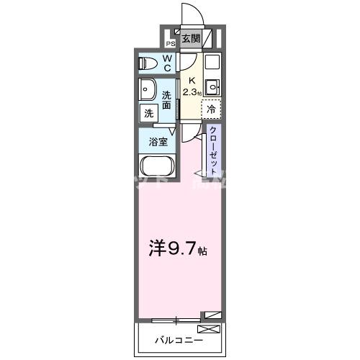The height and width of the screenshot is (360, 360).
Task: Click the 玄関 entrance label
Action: (x=190, y=39)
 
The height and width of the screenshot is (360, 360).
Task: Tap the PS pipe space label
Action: (x=170, y=42)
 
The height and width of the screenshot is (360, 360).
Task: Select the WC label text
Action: (x=166, y=63)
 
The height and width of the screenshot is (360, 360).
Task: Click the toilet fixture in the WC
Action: (x=148, y=63)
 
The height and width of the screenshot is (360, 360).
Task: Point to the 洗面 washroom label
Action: (x=166, y=99)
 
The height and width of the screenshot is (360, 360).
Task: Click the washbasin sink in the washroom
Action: (x=148, y=91)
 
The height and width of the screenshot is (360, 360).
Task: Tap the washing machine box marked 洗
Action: (x=148, y=112)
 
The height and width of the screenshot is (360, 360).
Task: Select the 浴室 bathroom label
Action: (x=159, y=141)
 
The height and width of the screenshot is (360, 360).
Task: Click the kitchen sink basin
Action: (x=212, y=89)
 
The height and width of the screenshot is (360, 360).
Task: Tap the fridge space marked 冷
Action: (x=212, y=109)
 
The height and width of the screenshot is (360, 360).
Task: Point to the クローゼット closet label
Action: (x=213, y=150)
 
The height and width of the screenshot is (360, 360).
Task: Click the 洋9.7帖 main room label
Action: (x=179, y=251)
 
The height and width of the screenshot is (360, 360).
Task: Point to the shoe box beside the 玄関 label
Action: (x=209, y=38)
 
